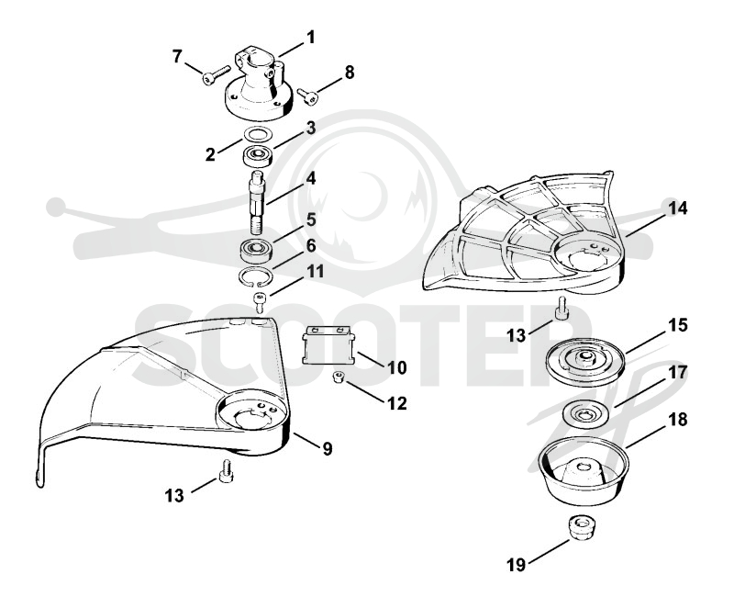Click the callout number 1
point(310,37)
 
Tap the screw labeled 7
point(216,75)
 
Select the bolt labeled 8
point(307,96)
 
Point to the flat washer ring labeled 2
point(259,133)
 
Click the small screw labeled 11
point(259,302)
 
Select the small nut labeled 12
point(338,377)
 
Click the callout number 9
point(327,449)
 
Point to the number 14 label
point(677,208)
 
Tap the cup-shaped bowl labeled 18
point(584,470)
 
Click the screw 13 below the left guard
point(226,472)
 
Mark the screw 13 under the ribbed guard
point(562,310)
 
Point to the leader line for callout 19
point(549,550)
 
